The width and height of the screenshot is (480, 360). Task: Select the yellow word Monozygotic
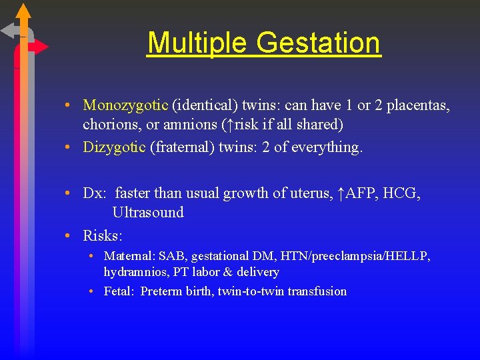coord(125,105)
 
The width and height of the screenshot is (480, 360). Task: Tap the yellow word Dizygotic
coord(114,147)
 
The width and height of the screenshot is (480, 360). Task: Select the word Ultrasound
coord(148,213)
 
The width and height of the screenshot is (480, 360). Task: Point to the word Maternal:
coord(129,256)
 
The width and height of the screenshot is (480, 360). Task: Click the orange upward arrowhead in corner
coord(23,11)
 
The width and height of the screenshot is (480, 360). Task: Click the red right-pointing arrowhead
coord(41,47)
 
